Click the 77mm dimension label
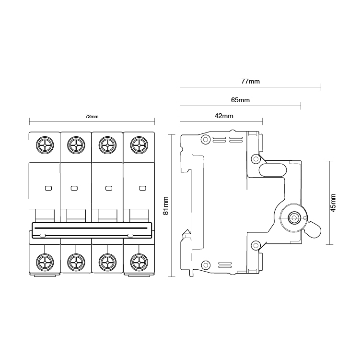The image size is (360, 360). [x=250, y=82]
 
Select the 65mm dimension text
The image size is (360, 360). [x=240, y=100]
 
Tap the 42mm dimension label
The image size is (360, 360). [x=224, y=116]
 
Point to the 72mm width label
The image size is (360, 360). [x=92, y=117]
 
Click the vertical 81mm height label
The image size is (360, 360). [x=166, y=206]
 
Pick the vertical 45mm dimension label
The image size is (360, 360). [x=333, y=202]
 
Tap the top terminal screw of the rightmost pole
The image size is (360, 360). [x=139, y=144]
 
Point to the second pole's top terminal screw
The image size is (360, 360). [x=76, y=144]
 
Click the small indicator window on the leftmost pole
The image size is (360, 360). [x=47, y=188]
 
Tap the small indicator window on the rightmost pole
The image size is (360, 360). [x=141, y=188]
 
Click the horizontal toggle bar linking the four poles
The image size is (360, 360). [x=92, y=230]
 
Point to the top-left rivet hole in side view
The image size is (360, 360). [x=206, y=140]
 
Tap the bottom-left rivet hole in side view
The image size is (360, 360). [x=206, y=264]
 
